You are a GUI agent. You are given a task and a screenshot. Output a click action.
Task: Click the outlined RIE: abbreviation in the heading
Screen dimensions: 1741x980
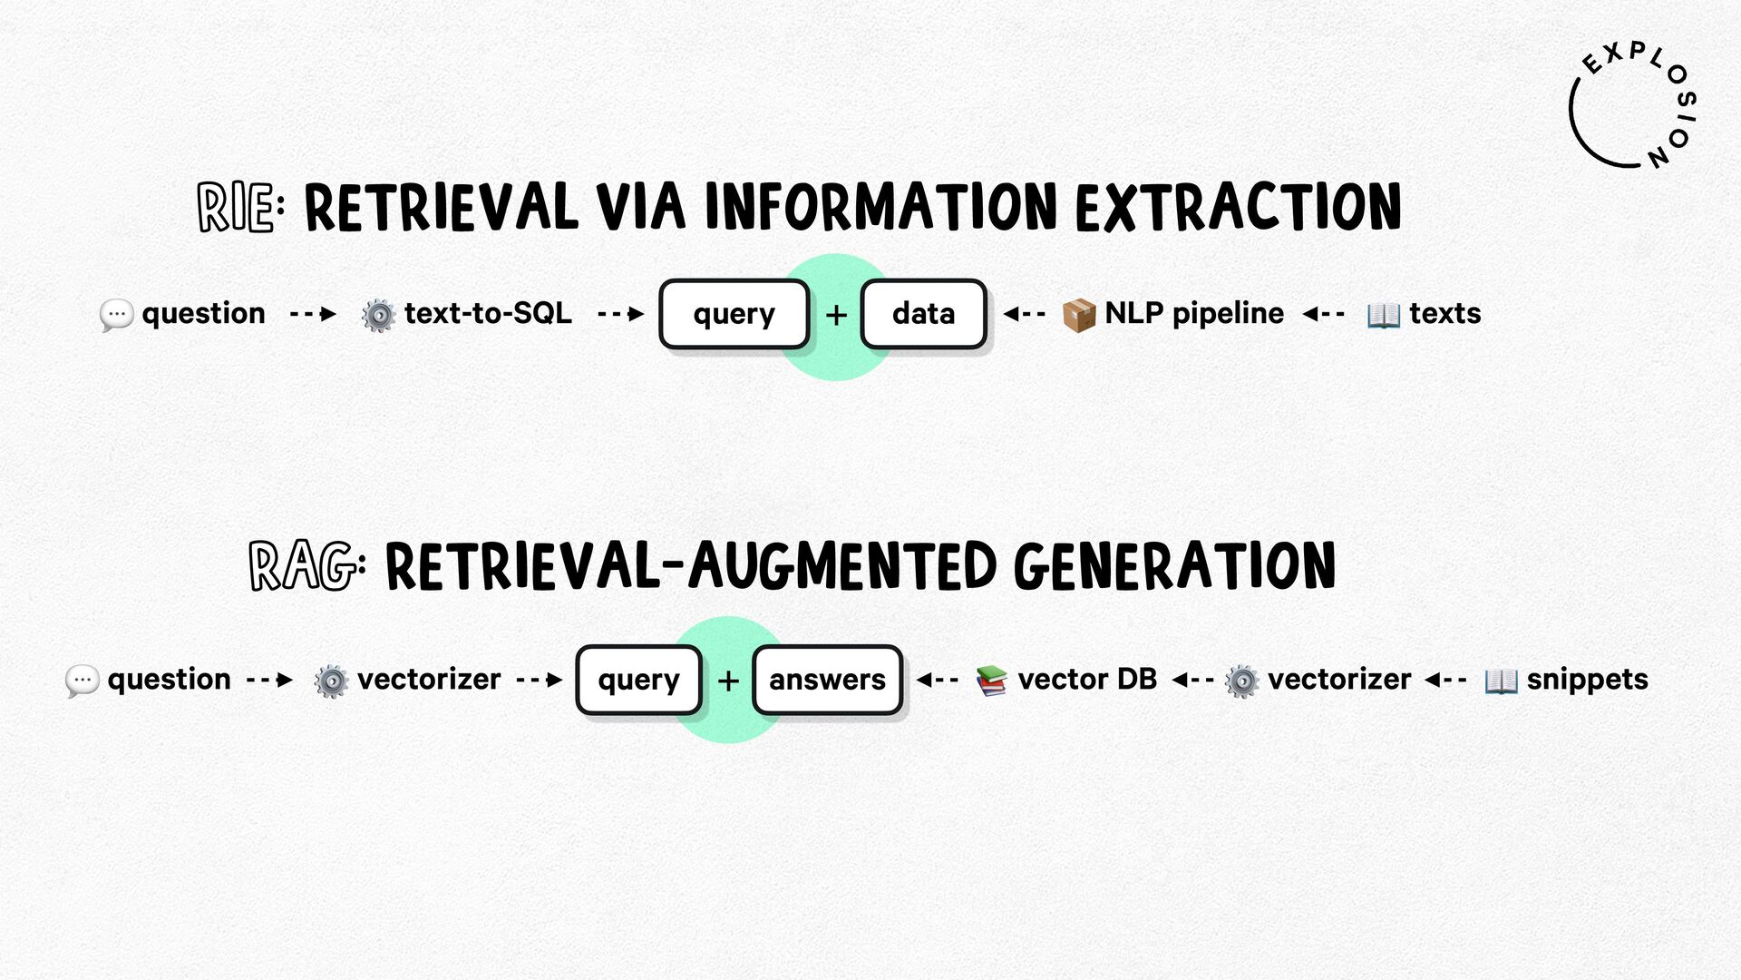pyautogui.click(x=240, y=207)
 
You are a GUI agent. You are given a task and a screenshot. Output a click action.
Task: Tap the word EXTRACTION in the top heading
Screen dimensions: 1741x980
pyautogui.click(x=1238, y=207)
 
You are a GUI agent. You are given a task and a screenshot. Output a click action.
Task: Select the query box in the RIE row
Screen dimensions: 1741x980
pyautogui.click(x=734, y=314)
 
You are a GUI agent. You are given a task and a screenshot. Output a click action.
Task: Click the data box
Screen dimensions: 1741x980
pyautogui.click(x=923, y=314)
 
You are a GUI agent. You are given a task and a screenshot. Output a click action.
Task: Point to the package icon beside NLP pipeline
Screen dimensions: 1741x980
pyautogui.click(x=1079, y=315)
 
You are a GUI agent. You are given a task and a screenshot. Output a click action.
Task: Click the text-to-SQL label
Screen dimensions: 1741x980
pyautogui.click(x=488, y=313)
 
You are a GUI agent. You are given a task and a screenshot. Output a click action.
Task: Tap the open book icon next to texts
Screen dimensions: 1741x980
pyautogui.click(x=1384, y=315)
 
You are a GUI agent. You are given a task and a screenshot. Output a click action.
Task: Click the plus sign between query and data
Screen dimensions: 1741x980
pyautogui.click(x=836, y=315)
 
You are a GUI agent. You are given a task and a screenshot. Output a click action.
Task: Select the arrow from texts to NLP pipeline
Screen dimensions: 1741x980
pyautogui.click(x=1324, y=314)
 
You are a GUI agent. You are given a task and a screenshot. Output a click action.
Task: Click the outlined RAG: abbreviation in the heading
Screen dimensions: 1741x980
pyautogui.click(x=307, y=566)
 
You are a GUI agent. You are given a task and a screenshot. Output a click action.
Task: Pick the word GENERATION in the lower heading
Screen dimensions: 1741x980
pyautogui.click(x=1174, y=566)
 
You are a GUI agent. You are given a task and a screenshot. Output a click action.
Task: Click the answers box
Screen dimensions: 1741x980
pyautogui.click(x=827, y=680)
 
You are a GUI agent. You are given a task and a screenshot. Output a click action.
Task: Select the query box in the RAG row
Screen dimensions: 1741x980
pyautogui.click(x=639, y=680)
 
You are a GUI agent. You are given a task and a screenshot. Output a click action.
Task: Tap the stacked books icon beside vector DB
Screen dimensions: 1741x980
pyautogui.click(x=991, y=681)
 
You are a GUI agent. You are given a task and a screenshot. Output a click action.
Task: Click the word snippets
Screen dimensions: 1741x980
pyautogui.click(x=1587, y=680)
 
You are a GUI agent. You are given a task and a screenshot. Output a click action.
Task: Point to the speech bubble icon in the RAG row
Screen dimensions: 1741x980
pyautogui.click(x=82, y=681)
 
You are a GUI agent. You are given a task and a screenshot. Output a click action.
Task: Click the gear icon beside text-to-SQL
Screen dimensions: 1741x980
pyautogui.click(x=378, y=315)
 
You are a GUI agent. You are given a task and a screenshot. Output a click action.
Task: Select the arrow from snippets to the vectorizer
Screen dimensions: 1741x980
pyautogui.click(x=1445, y=679)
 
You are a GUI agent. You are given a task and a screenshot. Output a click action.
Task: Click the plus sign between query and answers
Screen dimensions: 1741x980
pyautogui.click(x=728, y=681)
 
